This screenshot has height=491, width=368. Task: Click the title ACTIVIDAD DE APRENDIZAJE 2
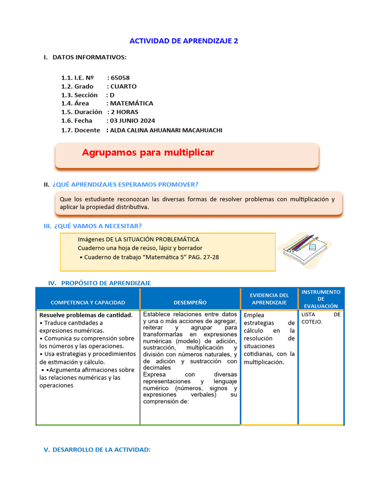(x=184, y=41)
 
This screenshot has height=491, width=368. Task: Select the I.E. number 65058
(x=120, y=78)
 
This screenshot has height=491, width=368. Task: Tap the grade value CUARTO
(x=124, y=86)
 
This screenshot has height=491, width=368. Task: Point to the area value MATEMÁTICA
(x=132, y=104)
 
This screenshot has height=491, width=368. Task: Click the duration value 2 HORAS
(x=125, y=112)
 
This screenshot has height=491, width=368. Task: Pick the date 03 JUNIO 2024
(x=133, y=121)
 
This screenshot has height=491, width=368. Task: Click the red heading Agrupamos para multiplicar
(x=148, y=153)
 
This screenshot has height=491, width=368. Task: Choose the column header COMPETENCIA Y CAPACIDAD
(x=88, y=303)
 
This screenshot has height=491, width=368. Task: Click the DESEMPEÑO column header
(x=190, y=303)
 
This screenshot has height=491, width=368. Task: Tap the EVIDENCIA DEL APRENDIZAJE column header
(x=269, y=299)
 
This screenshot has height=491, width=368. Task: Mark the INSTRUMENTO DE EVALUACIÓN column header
(x=321, y=299)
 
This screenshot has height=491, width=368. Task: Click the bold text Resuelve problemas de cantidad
(x=86, y=315)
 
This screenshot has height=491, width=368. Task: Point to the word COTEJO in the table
(x=311, y=322)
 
